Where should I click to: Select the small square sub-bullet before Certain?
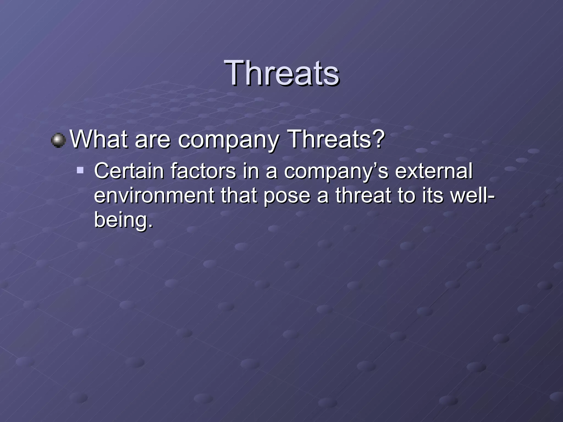pos(80,170)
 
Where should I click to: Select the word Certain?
pos(129,171)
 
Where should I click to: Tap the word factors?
pos(203,171)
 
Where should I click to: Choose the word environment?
pos(154,196)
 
